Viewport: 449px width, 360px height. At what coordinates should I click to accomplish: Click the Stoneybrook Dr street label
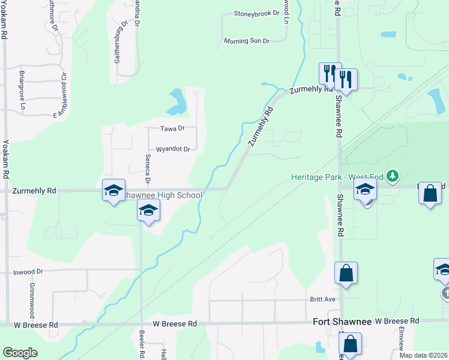[257, 13]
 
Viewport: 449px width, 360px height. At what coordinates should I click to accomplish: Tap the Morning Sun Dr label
[247, 41]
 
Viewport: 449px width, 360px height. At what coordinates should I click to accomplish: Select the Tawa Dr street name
[172, 128]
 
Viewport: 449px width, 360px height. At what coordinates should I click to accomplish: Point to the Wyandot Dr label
[173, 149]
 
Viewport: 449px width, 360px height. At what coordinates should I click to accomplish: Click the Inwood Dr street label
[28, 272]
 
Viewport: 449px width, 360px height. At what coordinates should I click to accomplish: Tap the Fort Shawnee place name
[342, 322]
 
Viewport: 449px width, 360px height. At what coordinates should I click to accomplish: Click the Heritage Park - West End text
[337, 177]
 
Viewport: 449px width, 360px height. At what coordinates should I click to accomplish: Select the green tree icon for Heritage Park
[393, 176]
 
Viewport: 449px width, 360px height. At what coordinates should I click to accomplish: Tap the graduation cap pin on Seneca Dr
[148, 210]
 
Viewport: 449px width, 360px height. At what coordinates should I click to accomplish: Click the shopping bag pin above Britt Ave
[346, 272]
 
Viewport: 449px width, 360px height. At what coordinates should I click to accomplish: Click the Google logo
[20, 352]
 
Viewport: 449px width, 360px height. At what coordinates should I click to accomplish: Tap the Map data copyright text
[424, 355]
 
